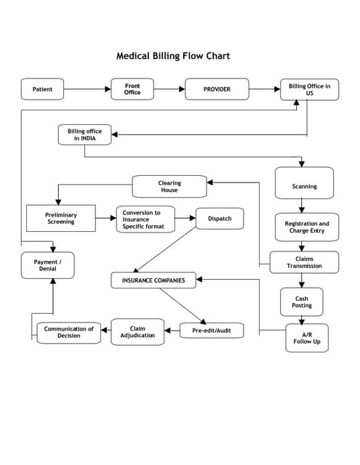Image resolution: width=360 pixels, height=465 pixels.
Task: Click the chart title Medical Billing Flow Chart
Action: pyautogui.click(x=173, y=55)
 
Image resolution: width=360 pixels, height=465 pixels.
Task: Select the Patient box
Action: pyautogui.click(x=42, y=89)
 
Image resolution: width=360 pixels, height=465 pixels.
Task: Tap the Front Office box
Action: pyautogui.click(x=132, y=89)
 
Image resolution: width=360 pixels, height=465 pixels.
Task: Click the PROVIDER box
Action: pyautogui.click(x=217, y=89)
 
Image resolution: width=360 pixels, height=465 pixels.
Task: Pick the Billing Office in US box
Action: pyautogui.click(x=309, y=89)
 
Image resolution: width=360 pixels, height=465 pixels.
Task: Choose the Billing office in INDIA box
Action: pyautogui.click(x=84, y=134)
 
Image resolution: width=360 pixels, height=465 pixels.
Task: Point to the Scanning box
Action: pyautogui.click(x=304, y=186)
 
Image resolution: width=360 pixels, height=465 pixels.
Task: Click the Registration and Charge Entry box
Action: pyautogui.click(x=306, y=227)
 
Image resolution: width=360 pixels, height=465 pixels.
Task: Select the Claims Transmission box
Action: pyautogui.click(x=304, y=262)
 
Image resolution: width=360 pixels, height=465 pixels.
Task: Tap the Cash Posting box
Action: pyautogui.click(x=302, y=302)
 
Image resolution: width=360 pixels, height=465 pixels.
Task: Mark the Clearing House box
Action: pyautogui.click(x=169, y=187)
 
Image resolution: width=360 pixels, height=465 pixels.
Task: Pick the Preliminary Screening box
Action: pyautogui.click(x=60, y=218)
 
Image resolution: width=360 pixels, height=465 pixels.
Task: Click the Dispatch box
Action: pyautogui.click(x=220, y=218)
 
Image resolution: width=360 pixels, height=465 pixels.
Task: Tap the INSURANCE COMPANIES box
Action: pyautogui.click(x=153, y=280)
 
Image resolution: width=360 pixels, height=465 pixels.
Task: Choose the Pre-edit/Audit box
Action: pyautogui.click(x=212, y=331)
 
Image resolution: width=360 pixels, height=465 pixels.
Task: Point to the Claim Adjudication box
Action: pyautogui.click(x=137, y=331)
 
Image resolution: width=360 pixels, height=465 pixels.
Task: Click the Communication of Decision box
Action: pyautogui.click(x=69, y=332)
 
